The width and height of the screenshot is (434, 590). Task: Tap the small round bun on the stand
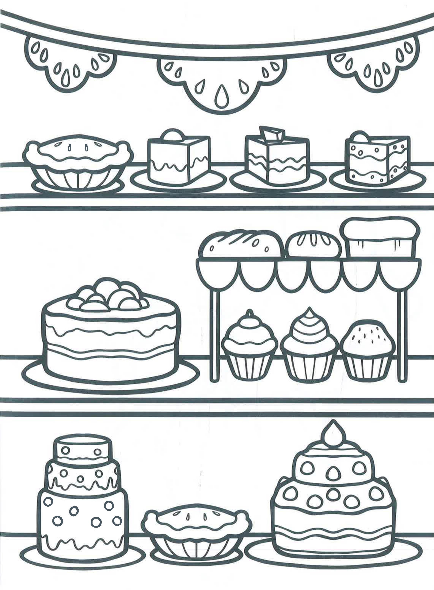pyautogui.click(x=313, y=244)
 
